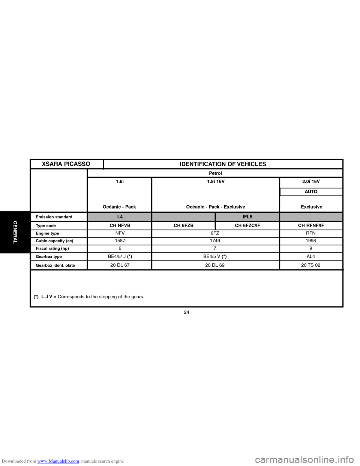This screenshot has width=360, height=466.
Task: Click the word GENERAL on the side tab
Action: tap(15, 232)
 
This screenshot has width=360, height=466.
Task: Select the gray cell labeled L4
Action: tap(119, 217)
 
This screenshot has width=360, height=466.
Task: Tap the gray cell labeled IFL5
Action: tap(247, 217)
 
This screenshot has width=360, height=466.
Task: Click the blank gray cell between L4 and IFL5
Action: tap(183, 217)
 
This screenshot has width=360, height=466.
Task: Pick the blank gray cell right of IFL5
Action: tap(311, 217)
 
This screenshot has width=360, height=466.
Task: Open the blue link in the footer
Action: tap(58, 461)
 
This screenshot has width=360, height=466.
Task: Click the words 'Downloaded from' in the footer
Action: tap(18, 461)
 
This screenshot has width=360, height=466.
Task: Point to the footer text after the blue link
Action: tap(102, 461)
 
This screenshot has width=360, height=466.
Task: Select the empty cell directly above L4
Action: tap(119, 195)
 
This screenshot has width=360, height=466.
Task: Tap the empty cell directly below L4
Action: tap(119, 226)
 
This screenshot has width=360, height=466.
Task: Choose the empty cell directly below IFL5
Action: tap(247, 226)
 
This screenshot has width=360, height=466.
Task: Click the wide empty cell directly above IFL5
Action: tap(216, 195)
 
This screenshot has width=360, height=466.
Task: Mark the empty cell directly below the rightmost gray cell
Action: tap(311, 226)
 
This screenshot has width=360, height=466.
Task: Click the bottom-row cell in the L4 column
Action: tap(119, 265)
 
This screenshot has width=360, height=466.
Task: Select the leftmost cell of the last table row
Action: tap(58, 265)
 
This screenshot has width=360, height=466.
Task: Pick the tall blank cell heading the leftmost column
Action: tap(58, 190)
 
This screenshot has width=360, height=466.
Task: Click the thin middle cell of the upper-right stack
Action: tap(311, 192)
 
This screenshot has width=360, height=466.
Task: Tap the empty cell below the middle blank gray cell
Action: tap(183, 226)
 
